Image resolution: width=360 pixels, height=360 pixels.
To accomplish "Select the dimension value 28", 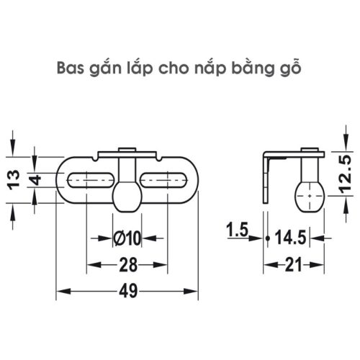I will (127, 266).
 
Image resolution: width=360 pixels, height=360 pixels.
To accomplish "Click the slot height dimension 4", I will (35, 179).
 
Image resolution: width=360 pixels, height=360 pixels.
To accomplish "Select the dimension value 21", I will (293, 266).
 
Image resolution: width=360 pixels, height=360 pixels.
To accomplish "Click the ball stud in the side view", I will (309, 193).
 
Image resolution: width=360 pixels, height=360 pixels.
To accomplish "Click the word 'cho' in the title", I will (176, 69).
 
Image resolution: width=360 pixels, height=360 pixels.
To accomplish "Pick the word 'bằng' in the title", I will (253, 70).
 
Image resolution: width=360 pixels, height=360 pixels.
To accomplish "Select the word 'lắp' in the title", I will (142, 69).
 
